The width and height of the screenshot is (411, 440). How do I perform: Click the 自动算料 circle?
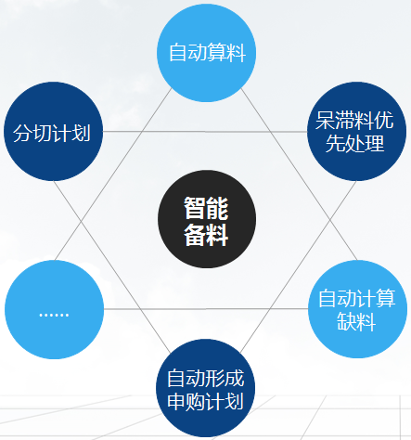pos(207,53)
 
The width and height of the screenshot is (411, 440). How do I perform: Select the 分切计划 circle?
pos(53,131)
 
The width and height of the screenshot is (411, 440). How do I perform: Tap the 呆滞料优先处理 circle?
pos(356,131)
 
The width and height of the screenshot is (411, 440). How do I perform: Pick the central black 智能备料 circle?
pos(207,219)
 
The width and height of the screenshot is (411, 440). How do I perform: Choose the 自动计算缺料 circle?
pos(357,309)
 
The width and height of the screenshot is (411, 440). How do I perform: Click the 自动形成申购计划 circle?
pos(206,388)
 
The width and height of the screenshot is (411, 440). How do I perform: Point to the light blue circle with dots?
pos(54,309)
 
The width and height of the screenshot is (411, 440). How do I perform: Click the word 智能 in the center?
pos(206,208)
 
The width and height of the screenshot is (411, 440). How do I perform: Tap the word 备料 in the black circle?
pos(206,234)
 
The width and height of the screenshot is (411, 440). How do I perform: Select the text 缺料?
pos(356,321)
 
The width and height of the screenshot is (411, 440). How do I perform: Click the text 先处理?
pos(355,143)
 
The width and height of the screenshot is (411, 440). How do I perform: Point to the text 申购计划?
pos(206,401)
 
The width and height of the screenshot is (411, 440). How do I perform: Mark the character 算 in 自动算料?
pos(217,52)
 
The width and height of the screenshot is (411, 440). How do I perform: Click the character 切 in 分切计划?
pos(42,133)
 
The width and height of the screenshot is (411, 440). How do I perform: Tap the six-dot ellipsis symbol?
pos(54,315)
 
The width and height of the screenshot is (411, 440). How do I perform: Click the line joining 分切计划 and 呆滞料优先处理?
pos(205,132)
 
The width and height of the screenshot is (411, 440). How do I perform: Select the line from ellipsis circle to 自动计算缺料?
pos(206,309)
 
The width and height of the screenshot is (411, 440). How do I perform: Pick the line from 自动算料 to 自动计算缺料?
pos(299,175)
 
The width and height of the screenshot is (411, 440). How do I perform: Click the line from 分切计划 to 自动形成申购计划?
pos(112,267)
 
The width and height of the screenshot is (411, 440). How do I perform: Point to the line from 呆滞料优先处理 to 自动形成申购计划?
pos(298,267)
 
